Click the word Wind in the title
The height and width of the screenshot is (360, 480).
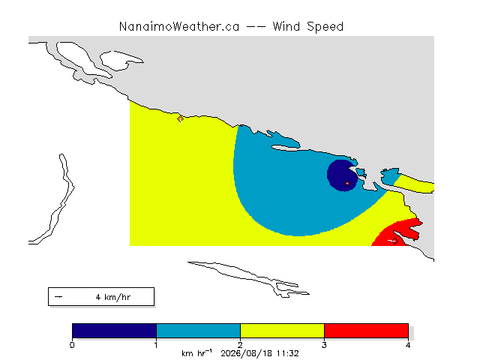286,27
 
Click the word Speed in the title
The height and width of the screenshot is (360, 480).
325,27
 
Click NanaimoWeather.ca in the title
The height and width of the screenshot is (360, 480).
179,27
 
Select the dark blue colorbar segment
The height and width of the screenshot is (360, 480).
115,331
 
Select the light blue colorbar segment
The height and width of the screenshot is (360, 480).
198,331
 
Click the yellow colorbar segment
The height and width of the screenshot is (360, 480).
282,331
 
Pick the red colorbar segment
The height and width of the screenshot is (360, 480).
366,331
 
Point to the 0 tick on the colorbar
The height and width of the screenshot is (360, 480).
72,345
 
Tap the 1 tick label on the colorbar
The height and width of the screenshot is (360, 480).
156,345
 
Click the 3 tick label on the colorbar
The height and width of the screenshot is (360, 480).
324,345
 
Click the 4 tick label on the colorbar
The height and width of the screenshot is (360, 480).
408,345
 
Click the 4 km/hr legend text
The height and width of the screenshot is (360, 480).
113,297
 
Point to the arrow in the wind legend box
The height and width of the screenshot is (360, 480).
58,297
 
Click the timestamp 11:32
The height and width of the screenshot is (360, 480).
287,353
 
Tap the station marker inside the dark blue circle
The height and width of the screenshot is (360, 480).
347,183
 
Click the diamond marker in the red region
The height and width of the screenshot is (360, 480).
395,241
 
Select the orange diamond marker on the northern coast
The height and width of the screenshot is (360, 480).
181,118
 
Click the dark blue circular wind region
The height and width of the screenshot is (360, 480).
340,175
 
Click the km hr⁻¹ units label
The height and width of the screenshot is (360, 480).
196,353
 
